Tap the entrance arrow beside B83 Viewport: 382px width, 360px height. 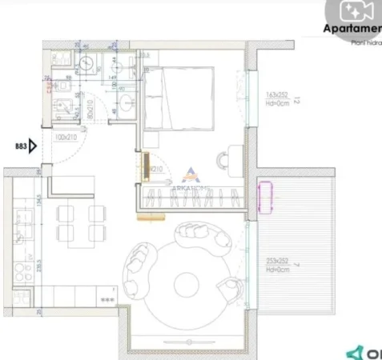coord(34,147)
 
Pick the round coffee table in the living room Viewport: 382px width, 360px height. coord(186,282)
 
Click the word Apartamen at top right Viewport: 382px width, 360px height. coord(352,30)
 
